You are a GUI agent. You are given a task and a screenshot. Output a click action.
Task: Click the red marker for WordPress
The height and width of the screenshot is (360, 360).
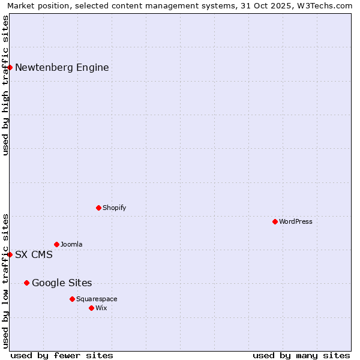pyautogui.click(x=275, y=221)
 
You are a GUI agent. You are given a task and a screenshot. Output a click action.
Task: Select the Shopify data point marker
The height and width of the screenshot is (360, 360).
pyautogui.click(x=98, y=208)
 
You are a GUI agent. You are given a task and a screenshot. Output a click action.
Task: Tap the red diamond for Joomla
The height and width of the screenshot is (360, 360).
pyautogui.click(x=56, y=244)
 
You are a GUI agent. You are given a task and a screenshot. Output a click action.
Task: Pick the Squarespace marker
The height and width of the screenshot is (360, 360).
pyautogui.click(x=72, y=299)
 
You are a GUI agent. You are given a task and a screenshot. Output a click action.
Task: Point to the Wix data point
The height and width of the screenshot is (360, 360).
pyautogui.click(x=91, y=308)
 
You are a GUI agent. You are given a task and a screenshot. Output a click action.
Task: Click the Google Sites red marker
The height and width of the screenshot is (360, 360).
pyautogui.click(x=26, y=283)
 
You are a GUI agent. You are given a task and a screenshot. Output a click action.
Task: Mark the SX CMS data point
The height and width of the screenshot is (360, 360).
pyautogui.click(x=10, y=254)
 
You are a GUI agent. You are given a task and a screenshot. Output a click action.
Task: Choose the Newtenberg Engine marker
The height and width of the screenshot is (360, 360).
pyautogui.click(x=10, y=67)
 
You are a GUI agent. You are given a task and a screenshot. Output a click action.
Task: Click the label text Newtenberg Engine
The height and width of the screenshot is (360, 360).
pyautogui.click(x=62, y=67)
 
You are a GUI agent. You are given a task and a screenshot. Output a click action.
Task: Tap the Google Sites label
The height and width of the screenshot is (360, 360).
pyautogui.click(x=62, y=283)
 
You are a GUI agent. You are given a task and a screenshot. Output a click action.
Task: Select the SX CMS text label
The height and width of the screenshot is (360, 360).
pyautogui.click(x=34, y=254)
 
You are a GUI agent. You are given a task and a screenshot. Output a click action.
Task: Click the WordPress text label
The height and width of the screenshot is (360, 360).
pyautogui.click(x=295, y=221)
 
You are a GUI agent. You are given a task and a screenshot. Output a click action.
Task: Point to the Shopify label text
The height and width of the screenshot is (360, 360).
pyautogui.click(x=114, y=208)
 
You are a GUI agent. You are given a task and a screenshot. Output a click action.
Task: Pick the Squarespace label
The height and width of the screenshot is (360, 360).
pyautogui.click(x=97, y=299)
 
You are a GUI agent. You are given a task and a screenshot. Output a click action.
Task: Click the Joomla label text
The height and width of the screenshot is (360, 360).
pyautogui.click(x=71, y=244)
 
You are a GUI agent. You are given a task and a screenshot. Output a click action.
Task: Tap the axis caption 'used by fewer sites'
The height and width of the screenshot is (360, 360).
pyautogui.click(x=62, y=355)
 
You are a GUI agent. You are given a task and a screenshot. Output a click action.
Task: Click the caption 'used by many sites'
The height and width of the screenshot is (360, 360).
pyautogui.click(x=301, y=355)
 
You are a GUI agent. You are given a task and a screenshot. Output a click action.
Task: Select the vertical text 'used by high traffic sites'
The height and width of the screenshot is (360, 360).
pyautogui.click(x=5, y=85)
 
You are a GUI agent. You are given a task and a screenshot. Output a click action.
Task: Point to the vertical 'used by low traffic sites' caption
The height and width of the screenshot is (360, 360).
pyautogui.click(x=5, y=281)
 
